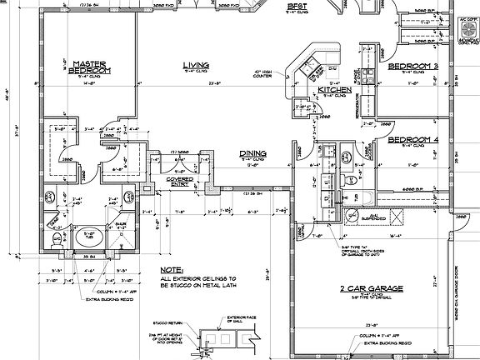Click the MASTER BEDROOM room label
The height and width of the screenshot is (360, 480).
(87, 66)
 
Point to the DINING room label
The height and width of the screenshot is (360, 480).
(253, 154)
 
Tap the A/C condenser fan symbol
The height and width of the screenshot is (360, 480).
(467, 27)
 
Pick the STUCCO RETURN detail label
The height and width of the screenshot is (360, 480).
(175, 317)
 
